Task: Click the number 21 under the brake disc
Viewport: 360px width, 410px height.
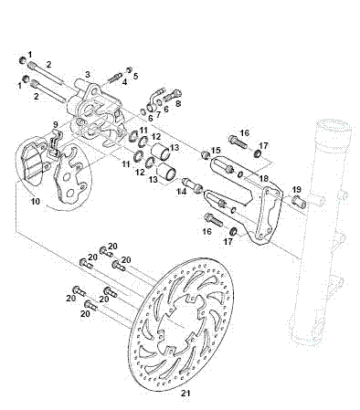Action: pyautogui.click(x=185, y=394)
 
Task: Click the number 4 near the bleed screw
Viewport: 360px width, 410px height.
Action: pyautogui.click(x=136, y=76)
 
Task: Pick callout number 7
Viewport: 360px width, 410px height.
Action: pyautogui.click(x=179, y=104)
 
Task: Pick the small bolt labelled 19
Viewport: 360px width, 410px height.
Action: pyautogui.click(x=296, y=203)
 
